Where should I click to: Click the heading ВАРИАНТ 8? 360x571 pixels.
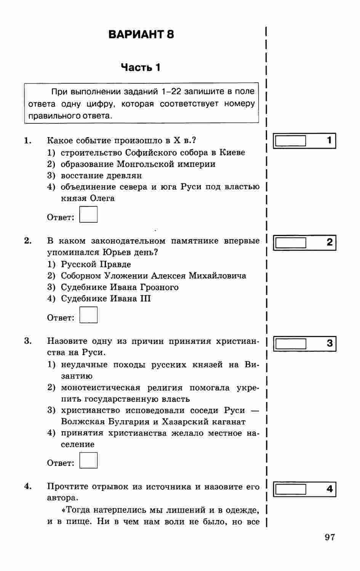point(141,35)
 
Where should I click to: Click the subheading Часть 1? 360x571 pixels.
point(141,68)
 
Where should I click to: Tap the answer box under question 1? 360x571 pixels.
point(88,214)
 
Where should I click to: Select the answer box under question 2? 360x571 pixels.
point(88,315)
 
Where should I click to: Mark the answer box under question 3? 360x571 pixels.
point(88,460)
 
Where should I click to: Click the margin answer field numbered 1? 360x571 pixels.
point(291,141)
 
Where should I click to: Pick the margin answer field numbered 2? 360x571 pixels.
point(291,242)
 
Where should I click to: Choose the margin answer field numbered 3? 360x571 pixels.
point(291,344)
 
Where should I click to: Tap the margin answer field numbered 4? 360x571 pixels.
point(291,489)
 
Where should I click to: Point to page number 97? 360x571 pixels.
point(330,537)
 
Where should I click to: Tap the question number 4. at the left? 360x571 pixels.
point(27,486)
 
